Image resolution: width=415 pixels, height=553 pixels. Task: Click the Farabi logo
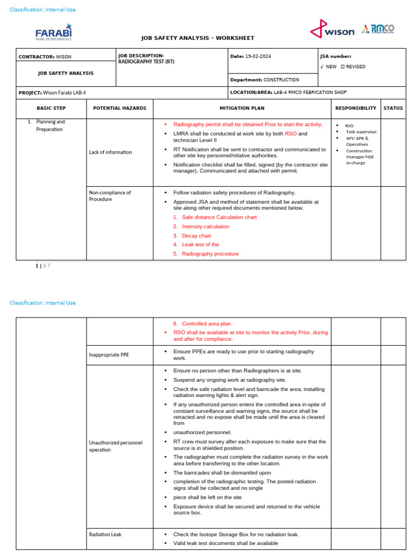[x=53, y=32]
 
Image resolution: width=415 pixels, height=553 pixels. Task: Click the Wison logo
[x=332, y=30]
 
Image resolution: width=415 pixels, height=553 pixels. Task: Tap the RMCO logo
[x=378, y=29]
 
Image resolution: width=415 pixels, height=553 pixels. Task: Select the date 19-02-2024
[x=259, y=56]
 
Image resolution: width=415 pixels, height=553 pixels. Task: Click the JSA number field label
[x=336, y=56]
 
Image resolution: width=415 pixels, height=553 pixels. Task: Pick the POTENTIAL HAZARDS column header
[x=119, y=108]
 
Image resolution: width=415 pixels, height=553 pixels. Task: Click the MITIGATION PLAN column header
[x=242, y=108]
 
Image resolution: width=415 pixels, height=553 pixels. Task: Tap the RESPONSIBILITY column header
[x=356, y=108]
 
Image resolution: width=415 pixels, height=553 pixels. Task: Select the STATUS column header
[x=393, y=108]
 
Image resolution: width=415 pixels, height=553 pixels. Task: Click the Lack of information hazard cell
[x=111, y=152]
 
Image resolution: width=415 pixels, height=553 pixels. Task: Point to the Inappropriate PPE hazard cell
[x=109, y=355]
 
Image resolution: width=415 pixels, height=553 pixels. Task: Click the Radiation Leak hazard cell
[x=105, y=535]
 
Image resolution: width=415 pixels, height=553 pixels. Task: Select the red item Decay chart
[x=196, y=236]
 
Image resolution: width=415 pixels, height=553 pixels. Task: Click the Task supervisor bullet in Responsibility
[x=362, y=132]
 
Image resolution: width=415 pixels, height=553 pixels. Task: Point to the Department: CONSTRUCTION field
[x=265, y=80]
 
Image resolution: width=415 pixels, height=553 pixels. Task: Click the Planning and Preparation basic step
[x=50, y=126]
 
